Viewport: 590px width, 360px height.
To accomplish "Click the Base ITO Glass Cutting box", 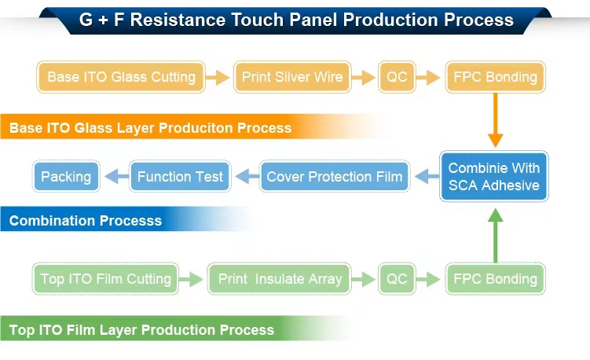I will (x=121, y=77).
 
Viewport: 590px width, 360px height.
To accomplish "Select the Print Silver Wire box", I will (x=292, y=77).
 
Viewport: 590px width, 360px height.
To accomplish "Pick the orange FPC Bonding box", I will (x=495, y=77).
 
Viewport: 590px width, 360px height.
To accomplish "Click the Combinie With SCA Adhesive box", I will (x=494, y=177).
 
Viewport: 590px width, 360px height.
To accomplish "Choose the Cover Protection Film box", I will (x=335, y=176).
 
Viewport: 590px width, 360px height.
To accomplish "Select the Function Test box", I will (x=180, y=176).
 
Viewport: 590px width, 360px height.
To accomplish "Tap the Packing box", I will (x=66, y=176).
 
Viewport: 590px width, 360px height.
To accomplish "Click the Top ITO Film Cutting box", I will (x=105, y=278).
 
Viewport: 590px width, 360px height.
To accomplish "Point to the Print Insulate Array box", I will (x=280, y=278).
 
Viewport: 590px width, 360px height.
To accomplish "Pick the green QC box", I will (x=397, y=278).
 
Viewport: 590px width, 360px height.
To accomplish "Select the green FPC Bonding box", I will (x=495, y=278).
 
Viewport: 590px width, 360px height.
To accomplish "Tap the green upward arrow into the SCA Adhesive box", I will (x=495, y=235).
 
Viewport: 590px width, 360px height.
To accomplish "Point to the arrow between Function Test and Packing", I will (x=116, y=177).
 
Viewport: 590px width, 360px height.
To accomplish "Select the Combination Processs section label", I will (x=86, y=221).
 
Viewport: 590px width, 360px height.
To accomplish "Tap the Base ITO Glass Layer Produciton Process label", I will (x=150, y=127).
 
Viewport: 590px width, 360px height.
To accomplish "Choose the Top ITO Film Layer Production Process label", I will (x=141, y=329).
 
